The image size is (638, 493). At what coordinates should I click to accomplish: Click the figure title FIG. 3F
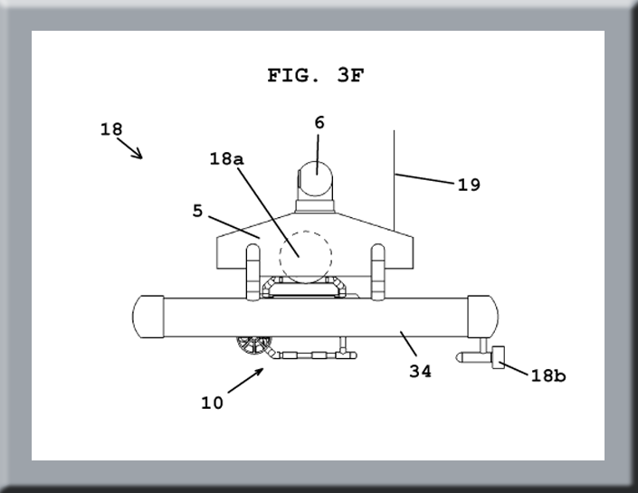click(316, 76)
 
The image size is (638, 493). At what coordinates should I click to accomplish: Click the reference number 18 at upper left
click(111, 129)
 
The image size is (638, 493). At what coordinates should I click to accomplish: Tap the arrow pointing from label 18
click(133, 149)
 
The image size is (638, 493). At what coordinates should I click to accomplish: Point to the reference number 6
click(319, 122)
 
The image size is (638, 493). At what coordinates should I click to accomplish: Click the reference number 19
click(469, 185)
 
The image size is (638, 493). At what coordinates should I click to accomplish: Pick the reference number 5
click(198, 212)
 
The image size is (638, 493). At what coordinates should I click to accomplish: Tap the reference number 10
click(212, 403)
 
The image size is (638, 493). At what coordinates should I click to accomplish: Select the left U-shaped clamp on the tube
click(253, 270)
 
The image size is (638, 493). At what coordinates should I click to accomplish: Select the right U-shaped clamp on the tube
click(378, 270)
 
